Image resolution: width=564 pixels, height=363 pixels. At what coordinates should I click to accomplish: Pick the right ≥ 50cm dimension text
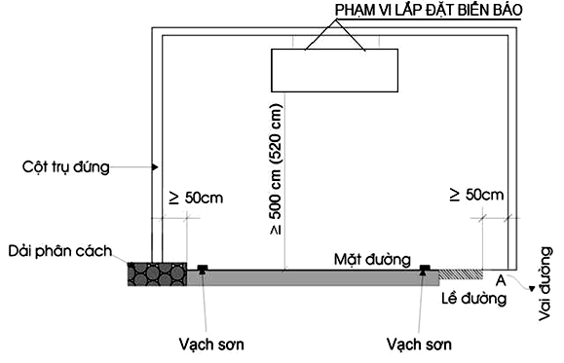point(477,195)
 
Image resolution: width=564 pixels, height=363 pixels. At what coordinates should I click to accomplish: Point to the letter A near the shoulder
point(501,279)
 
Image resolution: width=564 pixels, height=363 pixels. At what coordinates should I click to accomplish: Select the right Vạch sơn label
point(419,345)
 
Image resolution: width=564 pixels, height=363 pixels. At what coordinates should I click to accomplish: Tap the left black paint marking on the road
point(202,269)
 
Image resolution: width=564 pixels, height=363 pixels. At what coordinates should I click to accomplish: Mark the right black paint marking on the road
point(425,269)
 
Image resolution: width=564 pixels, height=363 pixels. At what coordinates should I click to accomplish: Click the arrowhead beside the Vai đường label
point(527,287)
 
